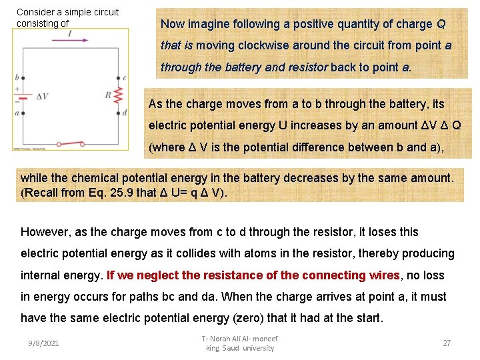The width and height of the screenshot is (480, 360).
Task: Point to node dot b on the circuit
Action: (23, 78)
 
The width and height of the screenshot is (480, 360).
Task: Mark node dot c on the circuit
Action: (117, 78)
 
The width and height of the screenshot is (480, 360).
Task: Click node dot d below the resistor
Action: (117, 113)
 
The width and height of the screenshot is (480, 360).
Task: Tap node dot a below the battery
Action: (23, 113)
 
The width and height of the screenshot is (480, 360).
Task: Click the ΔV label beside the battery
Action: (41, 96)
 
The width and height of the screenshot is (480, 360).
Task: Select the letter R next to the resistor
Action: (107, 95)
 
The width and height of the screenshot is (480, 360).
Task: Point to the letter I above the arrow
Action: (69, 33)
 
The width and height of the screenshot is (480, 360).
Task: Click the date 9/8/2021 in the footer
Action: (43, 343)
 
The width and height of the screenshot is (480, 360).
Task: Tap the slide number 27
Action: (447, 343)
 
